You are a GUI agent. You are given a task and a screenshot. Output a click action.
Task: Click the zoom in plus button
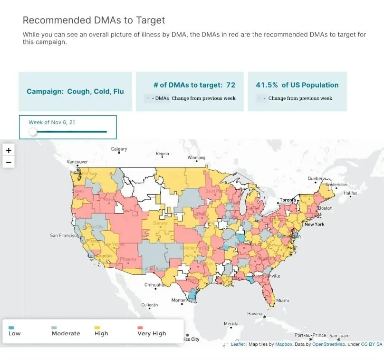pos(9,150)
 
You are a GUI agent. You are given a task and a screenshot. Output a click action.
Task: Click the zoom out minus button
pos(9,162)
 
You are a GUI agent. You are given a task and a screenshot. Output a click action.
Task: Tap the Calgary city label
pos(119,149)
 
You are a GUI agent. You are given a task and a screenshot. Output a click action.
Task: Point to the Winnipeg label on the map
pos(196,157)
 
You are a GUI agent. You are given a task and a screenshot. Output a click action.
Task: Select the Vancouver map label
pos(77,162)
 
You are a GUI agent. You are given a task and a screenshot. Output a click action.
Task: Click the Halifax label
pos(350,193)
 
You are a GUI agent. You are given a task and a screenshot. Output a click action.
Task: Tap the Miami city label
pos(282,301)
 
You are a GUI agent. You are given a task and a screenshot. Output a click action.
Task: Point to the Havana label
pos(255,314)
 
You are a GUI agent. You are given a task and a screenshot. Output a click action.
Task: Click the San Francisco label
pos(64,235)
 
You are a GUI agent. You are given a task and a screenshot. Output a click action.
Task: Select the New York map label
pos(314,224)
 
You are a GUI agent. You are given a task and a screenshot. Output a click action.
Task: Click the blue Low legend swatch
pos(11,328)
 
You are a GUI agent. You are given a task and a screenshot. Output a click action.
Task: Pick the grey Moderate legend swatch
pos(54,328)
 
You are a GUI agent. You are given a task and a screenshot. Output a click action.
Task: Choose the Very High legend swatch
pos(140,328)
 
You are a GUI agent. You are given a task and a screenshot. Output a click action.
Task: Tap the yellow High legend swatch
pos(97,328)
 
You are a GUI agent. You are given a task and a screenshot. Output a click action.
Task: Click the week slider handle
pos(33,132)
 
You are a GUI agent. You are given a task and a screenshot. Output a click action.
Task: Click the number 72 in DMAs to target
pos(230,85)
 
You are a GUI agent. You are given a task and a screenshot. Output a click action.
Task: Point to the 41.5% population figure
pos(267,85)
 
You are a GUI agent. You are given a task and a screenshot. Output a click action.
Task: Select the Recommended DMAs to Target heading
pos(94,20)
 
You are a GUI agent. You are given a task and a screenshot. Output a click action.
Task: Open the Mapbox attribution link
pos(284,344)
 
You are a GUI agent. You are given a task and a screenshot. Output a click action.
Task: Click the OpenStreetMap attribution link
pos(331,344)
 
